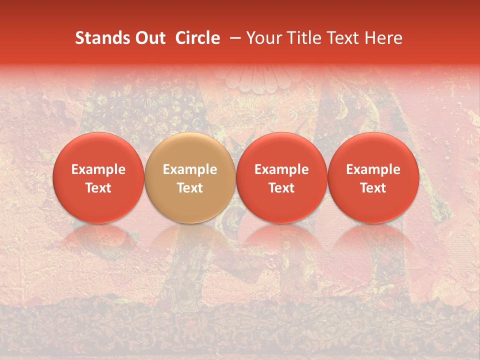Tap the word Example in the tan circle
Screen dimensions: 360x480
pyautogui.click(x=190, y=169)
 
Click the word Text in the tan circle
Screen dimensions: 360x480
pyautogui.click(x=190, y=188)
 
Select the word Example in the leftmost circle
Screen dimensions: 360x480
pyautogui.click(x=98, y=169)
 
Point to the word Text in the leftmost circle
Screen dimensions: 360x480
pyautogui.click(x=98, y=188)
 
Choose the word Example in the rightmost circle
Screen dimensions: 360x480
pyautogui.click(x=373, y=169)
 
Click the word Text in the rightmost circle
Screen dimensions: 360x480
pyautogui.click(x=373, y=188)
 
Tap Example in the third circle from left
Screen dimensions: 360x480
pyautogui.click(x=281, y=169)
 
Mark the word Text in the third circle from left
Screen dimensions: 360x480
pyautogui.click(x=281, y=188)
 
